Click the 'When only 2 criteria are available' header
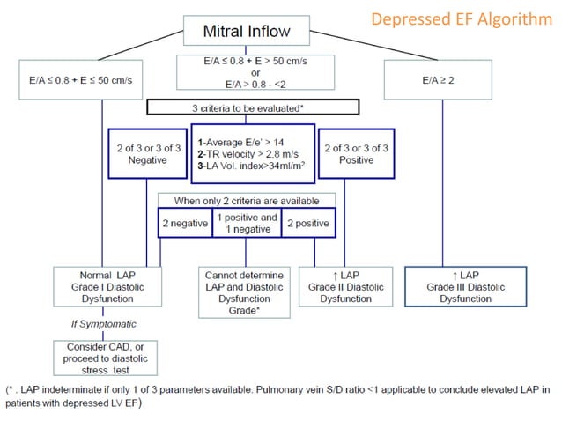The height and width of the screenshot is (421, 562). [246, 200]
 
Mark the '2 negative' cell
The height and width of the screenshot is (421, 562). [185, 223]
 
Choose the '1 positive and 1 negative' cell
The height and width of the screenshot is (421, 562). [246, 223]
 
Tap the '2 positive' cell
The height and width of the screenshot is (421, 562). [307, 223]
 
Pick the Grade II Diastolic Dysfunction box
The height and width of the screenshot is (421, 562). [344, 286]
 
